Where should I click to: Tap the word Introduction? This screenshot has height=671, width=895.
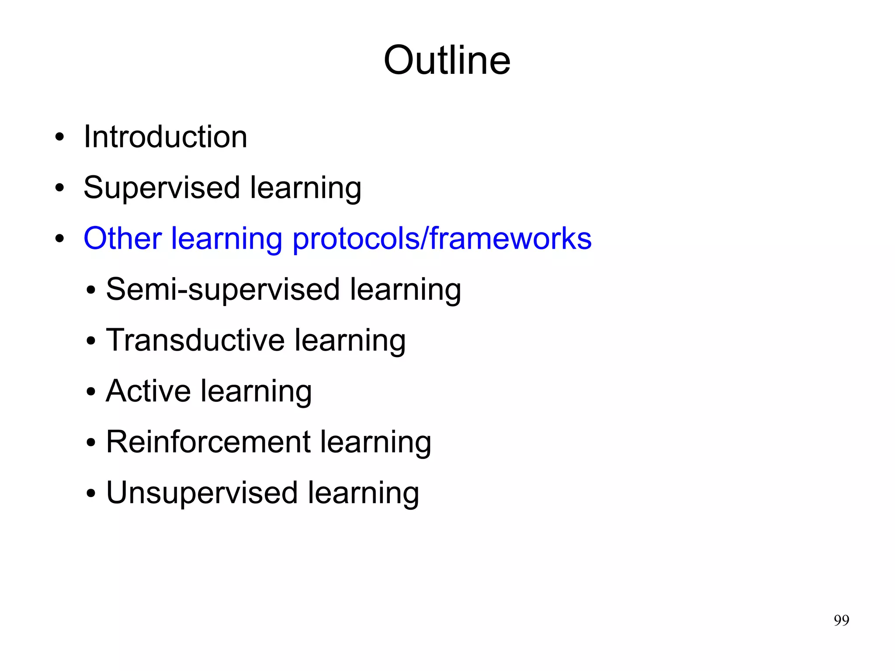click(165, 137)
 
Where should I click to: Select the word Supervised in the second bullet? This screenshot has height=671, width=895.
click(161, 188)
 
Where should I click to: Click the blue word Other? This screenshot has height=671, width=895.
click(122, 239)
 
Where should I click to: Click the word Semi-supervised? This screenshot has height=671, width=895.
click(222, 290)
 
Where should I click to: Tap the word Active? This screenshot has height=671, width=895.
click(148, 391)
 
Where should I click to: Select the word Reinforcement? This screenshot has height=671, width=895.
click(208, 442)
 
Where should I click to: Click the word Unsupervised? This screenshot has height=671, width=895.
click(202, 493)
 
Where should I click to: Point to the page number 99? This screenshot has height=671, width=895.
click(841, 620)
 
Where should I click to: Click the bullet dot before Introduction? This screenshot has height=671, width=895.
click(60, 138)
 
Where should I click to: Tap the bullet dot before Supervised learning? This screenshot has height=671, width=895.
click(60, 188)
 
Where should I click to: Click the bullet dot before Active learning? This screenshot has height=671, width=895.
click(91, 392)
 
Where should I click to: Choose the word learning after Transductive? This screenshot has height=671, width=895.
click(350, 341)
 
